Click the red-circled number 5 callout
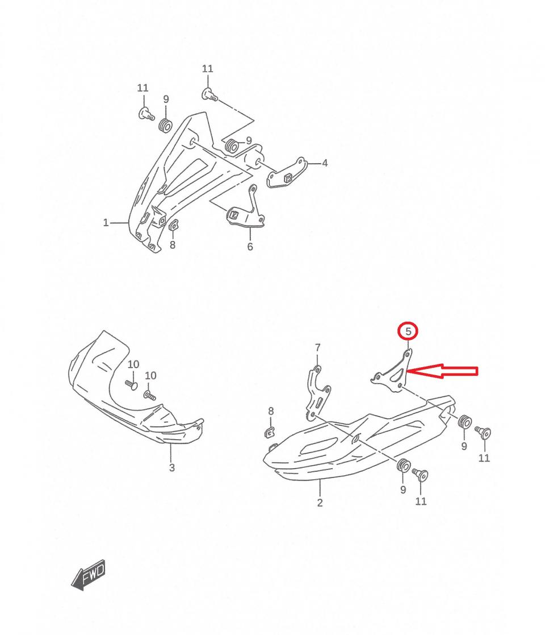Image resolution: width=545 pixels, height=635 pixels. click(x=408, y=331)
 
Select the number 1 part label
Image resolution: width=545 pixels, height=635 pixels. click(x=106, y=222)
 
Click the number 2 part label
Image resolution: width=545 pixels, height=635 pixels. click(x=320, y=503)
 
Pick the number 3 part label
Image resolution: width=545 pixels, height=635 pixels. click(x=172, y=468)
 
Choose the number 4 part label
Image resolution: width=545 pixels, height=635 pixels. click(x=325, y=163)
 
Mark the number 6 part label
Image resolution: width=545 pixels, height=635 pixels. click(x=250, y=246)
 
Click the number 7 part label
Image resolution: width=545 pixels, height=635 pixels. click(x=317, y=347)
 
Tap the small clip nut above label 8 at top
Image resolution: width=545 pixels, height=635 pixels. click(x=174, y=225)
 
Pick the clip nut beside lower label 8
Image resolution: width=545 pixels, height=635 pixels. click(x=269, y=432)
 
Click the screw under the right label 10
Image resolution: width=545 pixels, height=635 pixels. click(x=150, y=395)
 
